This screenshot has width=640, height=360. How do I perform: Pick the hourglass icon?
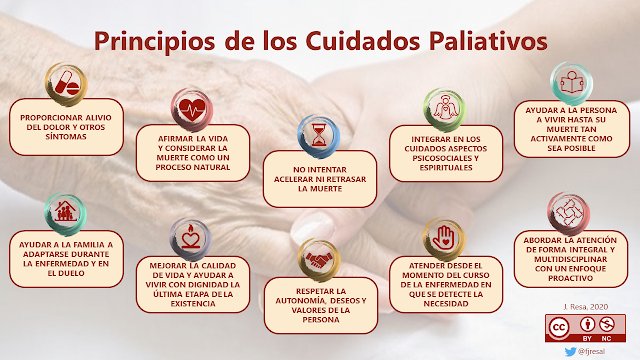point(317,133)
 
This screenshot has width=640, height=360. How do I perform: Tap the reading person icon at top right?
point(572,79)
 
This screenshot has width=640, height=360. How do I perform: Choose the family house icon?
point(64,212)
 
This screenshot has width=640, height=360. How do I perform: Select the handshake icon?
point(317,259)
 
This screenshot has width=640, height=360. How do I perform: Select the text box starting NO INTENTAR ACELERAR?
point(321,171)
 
